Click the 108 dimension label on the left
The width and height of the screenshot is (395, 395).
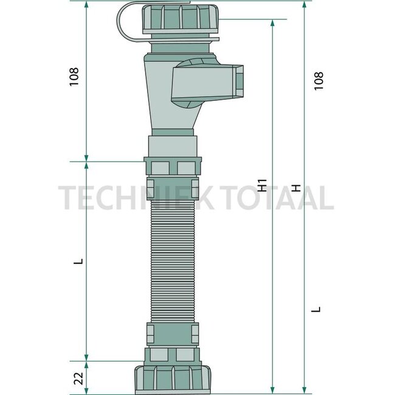74,77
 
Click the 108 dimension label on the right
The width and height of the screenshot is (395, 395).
318,81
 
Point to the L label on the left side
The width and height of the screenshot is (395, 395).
78,261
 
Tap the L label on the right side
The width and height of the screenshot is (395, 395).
316,309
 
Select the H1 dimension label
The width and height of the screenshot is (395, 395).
263,185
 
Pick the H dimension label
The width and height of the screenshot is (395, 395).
297,188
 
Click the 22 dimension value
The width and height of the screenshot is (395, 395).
78,379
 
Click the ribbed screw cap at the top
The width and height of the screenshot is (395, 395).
180,19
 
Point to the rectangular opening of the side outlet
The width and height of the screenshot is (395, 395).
239,82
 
